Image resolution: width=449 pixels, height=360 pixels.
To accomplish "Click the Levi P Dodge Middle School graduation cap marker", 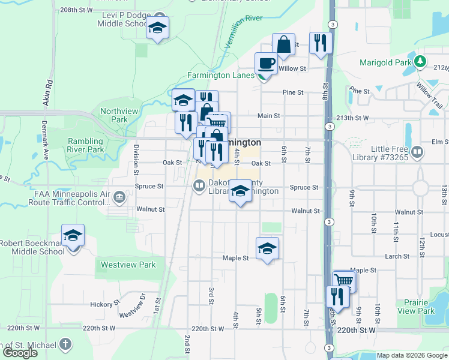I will [158, 28].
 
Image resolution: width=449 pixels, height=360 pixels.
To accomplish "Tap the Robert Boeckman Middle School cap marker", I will [73, 236].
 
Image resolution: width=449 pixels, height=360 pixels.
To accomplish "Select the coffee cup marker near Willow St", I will [266, 63].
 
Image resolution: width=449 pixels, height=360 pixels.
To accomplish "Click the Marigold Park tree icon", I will [420, 61].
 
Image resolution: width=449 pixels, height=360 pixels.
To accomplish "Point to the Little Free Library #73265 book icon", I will [417, 152].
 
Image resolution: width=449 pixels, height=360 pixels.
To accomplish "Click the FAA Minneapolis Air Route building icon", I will [119, 196].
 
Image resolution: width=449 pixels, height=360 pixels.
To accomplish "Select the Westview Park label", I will [128, 265].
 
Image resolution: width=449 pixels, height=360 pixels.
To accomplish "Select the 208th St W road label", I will [76, 10].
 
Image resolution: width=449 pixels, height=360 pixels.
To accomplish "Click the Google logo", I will [20, 353].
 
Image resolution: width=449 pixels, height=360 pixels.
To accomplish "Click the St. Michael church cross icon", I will [65, 344].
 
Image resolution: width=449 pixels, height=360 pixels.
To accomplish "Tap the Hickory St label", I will [101, 304].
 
